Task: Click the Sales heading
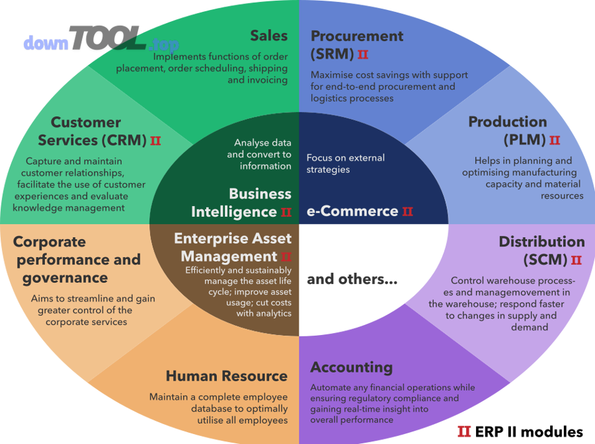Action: (x=268, y=36)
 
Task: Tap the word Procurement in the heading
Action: (x=357, y=36)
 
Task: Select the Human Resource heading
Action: (x=226, y=377)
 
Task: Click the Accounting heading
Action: (x=351, y=367)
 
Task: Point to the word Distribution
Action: (x=541, y=242)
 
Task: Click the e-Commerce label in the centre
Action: (x=352, y=211)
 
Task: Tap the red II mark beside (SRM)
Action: (x=362, y=54)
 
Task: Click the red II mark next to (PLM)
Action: (x=554, y=140)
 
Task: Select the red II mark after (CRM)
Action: (x=155, y=141)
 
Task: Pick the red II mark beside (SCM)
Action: (x=576, y=260)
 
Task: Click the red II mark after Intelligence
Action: (x=286, y=212)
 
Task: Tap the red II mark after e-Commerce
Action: (x=407, y=211)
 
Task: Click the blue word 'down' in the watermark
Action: (x=46, y=44)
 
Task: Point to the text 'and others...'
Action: (x=352, y=279)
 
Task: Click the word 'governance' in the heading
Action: (x=65, y=278)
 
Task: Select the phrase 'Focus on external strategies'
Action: (x=345, y=163)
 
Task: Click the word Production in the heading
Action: (x=507, y=122)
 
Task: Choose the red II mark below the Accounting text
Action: (x=464, y=431)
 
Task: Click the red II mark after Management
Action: (x=286, y=256)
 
